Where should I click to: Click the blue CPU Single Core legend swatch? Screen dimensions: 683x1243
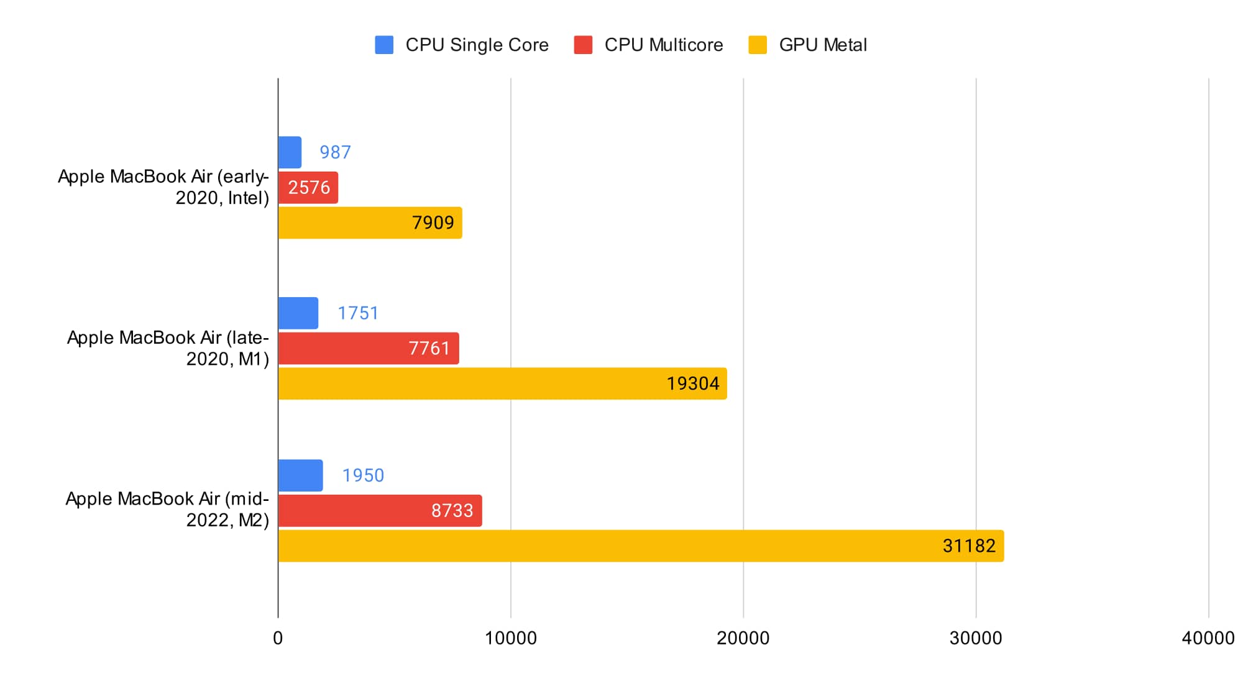click(384, 45)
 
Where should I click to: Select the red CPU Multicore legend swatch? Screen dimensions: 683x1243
click(583, 45)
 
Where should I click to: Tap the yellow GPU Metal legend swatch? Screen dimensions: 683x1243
click(758, 45)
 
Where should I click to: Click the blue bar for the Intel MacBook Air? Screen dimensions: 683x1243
click(290, 152)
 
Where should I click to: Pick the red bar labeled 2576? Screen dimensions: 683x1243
click(308, 188)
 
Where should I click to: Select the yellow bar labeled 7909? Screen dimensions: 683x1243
click(370, 222)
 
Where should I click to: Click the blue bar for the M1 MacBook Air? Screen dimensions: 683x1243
click(298, 313)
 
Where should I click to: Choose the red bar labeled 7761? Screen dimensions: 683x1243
click(369, 348)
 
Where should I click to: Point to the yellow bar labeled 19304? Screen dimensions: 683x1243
click(502, 383)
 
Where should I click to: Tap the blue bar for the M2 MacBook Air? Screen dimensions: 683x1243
click(301, 475)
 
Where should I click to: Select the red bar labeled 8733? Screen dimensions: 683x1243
click(380, 511)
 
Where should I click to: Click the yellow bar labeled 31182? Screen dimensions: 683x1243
click(641, 546)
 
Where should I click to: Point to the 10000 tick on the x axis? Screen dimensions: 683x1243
click(511, 638)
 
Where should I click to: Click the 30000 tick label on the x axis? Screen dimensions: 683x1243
click(976, 638)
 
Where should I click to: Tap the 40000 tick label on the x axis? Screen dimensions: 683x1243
click(1208, 638)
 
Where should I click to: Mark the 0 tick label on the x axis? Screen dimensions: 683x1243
click(278, 638)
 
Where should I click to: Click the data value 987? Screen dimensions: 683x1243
click(335, 152)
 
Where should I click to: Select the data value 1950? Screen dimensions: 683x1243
click(363, 475)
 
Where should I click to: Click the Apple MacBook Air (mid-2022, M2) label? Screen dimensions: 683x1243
click(167, 509)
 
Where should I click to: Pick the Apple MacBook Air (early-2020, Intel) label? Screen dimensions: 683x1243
click(163, 187)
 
